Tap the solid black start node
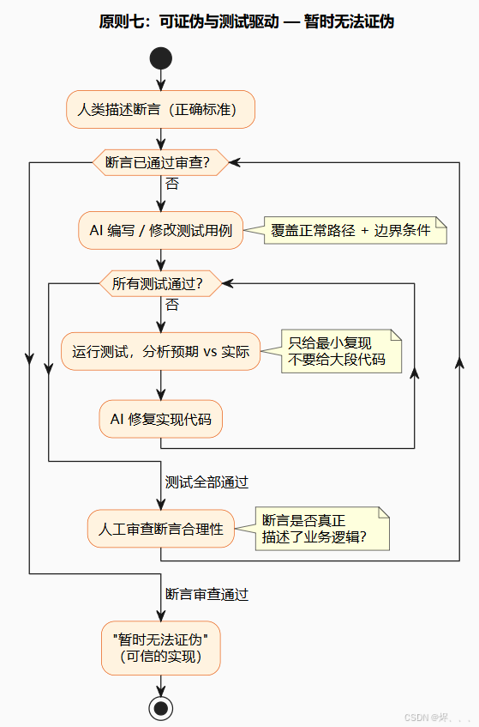click(160, 58)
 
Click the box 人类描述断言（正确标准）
click(160, 109)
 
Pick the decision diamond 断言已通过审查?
click(160, 162)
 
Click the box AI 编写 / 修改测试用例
click(160, 230)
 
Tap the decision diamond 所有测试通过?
click(160, 283)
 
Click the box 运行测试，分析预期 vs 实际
click(160, 351)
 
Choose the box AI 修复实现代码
click(160, 419)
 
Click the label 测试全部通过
click(207, 482)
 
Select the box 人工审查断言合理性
click(160, 529)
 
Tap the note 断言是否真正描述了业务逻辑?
click(323, 529)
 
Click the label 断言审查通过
click(207, 593)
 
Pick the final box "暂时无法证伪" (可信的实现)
click(160, 648)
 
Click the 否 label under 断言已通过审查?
click(172, 183)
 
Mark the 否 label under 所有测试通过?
click(172, 304)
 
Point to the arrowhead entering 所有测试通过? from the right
click(226, 283)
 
